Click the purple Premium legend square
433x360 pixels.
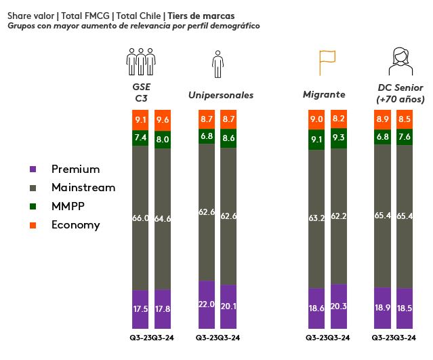[x=33, y=169]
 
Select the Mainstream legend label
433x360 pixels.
[x=83, y=187]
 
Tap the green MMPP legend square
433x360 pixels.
[x=33, y=206]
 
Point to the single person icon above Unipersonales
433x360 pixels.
[x=218, y=63]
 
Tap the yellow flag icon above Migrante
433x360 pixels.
[x=327, y=62]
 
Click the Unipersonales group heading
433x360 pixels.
[x=221, y=96]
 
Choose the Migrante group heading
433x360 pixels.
[x=324, y=95]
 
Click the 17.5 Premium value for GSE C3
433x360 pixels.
[x=141, y=307]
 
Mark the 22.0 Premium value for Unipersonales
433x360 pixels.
[x=207, y=304]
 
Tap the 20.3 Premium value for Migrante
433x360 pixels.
[x=339, y=306]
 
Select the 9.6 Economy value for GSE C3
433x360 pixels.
[x=163, y=120]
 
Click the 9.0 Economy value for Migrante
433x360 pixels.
[x=316, y=119]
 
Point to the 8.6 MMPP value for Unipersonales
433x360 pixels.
[x=229, y=137]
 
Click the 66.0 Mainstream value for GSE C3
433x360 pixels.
[x=141, y=218]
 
